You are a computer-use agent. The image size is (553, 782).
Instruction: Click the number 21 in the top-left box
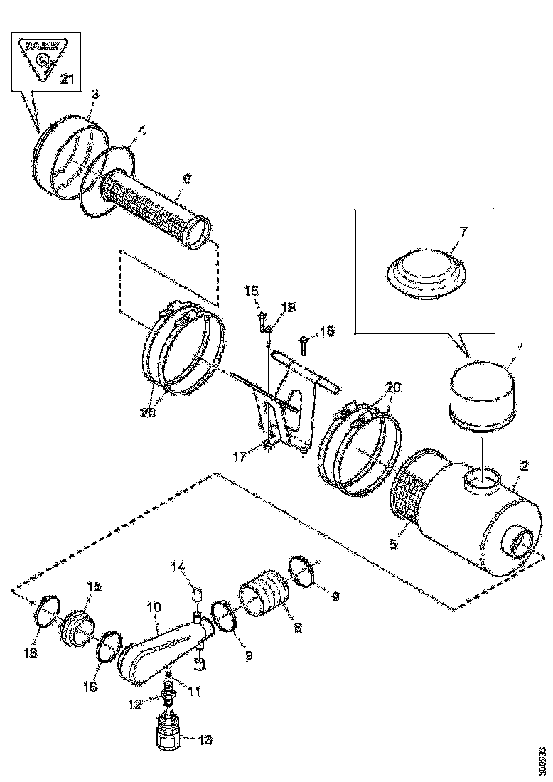tap(66, 80)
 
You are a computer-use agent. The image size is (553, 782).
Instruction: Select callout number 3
tap(95, 94)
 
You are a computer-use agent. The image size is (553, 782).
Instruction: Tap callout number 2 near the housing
tap(524, 466)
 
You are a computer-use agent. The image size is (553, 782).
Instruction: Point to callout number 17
tap(240, 457)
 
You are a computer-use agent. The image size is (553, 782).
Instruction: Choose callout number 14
tap(179, 566)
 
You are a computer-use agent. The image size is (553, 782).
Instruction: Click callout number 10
tap(155, 608)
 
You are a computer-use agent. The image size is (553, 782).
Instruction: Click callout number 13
tap(204, 741)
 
